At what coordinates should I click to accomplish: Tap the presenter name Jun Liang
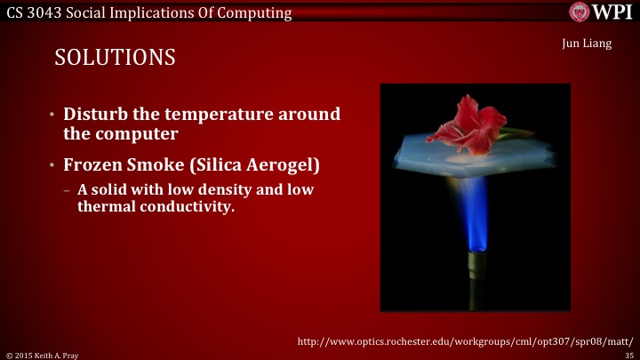(588, 44)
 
